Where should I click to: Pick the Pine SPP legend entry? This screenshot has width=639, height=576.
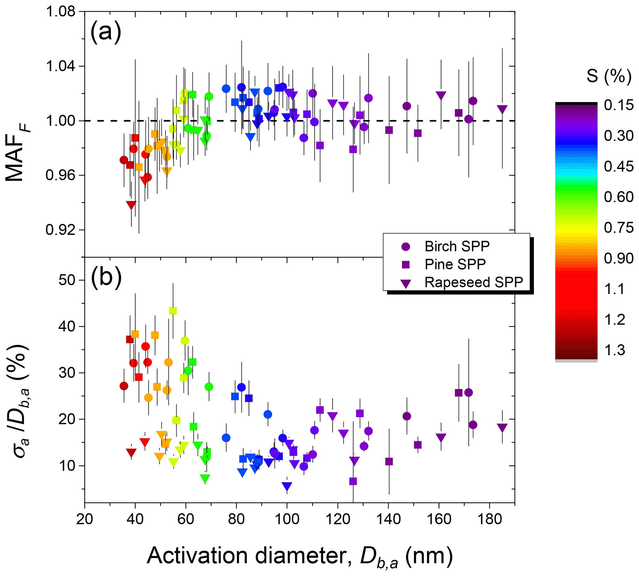[x=455, y=264]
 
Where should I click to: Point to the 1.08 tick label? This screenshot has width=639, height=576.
[x=61, y=12]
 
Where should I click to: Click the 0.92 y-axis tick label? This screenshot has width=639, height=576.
[x=61, y=230]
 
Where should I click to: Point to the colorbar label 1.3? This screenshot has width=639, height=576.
[x=615, y=350]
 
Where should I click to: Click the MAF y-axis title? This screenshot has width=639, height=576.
[x=17, y=152]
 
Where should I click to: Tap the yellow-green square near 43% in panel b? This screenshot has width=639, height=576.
[x=173, y=311]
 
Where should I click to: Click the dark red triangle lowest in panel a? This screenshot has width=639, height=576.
[x=131, y=205]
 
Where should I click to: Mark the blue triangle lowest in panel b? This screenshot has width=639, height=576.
[x=287, y=486]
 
